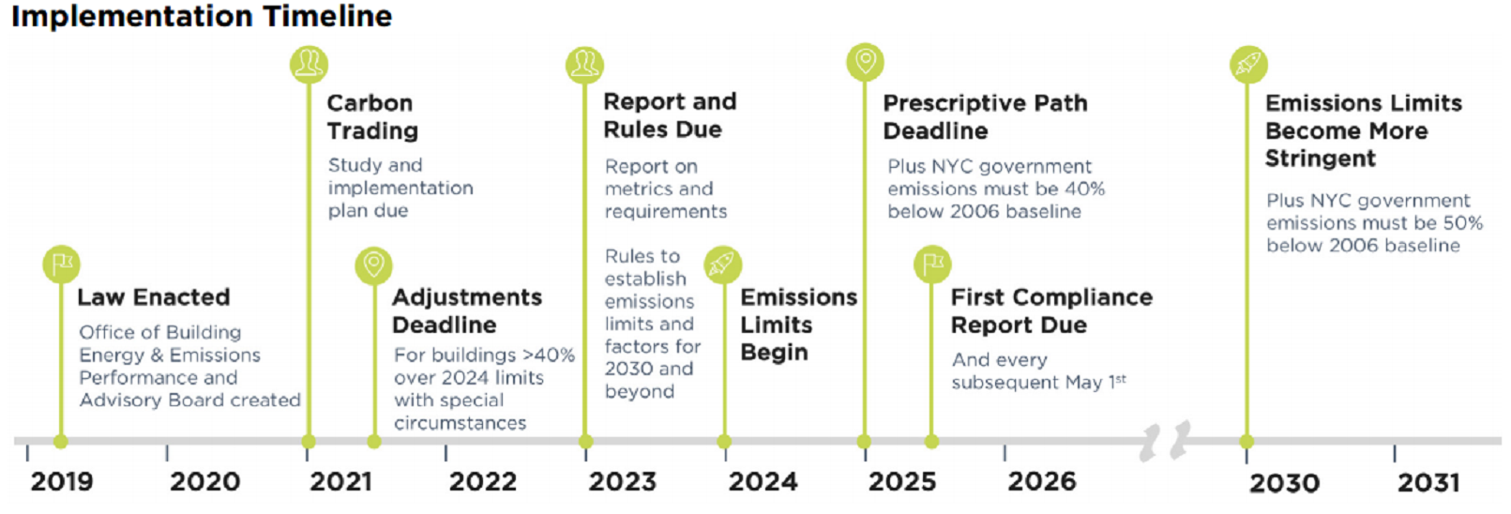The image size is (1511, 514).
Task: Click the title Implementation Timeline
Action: click(x=202, y=16)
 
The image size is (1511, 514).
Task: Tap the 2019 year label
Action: click(x=61, y=481)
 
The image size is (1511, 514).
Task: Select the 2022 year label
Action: click(x=482, y=481)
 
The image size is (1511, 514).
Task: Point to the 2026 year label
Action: click(x=1041, y=481)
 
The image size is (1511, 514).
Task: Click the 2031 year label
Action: click(x=1428, y=483)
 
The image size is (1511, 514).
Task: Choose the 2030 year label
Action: click(x=1284, y=483)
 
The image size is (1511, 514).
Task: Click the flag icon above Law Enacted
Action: click(x=61, y=264)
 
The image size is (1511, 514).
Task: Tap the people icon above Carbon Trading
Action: click(x=309, y=64)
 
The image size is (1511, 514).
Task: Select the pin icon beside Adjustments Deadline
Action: click(x=373, y=265)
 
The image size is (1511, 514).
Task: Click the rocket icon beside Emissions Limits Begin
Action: click(x=723, y=264)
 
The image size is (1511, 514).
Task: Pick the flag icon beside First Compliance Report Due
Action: click(x=932, y=264)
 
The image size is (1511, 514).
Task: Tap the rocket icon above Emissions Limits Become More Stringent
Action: click(x=1248, y=64)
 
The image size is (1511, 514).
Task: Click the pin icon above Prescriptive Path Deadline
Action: click(x=866, y=62)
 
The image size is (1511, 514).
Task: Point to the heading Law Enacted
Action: click(x=154, y=296)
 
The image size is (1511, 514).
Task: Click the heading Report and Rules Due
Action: click(x=670, y=115)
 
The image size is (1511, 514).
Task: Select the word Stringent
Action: click(x=1320, y=159)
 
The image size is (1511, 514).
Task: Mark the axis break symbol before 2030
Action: click(x=1165, y=441)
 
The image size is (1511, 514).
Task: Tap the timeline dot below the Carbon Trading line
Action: click(x=309, y=442)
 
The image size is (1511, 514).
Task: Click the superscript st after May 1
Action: click(x=1121, y=378)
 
